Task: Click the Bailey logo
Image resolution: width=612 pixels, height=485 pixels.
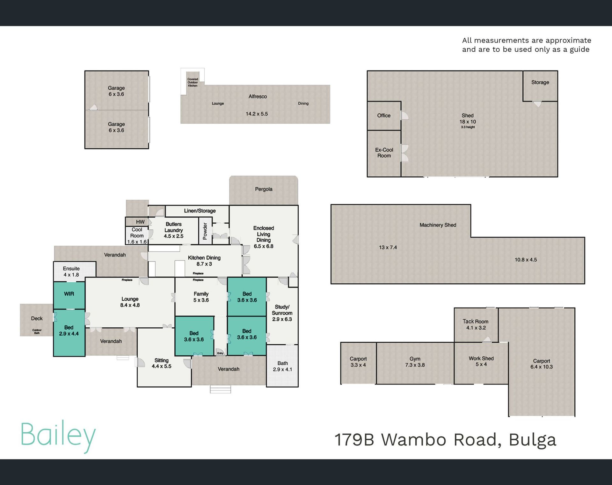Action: click(58, 436)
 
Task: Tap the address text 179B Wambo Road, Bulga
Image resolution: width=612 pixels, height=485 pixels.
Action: click(445, 440)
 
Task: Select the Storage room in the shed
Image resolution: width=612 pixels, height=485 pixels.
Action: click(540, 86)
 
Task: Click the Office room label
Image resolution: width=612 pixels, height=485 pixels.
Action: click(384, 116)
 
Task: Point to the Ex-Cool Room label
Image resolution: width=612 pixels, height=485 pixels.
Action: click(384, 153)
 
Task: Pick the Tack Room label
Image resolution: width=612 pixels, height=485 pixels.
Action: click(476, 325)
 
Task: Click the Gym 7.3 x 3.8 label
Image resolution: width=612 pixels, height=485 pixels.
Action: click(415, 362)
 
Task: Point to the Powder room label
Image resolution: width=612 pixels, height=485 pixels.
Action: click(205, 231)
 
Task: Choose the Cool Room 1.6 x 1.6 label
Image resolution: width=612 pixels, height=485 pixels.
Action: click(137, 236)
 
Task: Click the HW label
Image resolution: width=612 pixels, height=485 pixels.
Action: click(140, 222)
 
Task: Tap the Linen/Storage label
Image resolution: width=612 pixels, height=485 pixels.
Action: click(200, 211)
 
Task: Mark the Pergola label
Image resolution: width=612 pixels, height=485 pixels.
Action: click(264, 189)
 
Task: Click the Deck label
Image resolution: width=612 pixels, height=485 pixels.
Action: click(37, 318)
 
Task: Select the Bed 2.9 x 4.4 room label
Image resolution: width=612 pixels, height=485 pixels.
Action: click(69, 331)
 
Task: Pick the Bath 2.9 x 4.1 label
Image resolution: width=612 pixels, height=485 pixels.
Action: click(282, 366)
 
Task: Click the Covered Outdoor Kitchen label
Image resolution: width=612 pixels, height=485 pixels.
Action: click(193, 82)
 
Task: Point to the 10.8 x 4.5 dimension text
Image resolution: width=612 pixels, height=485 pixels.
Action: click(526, 260)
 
